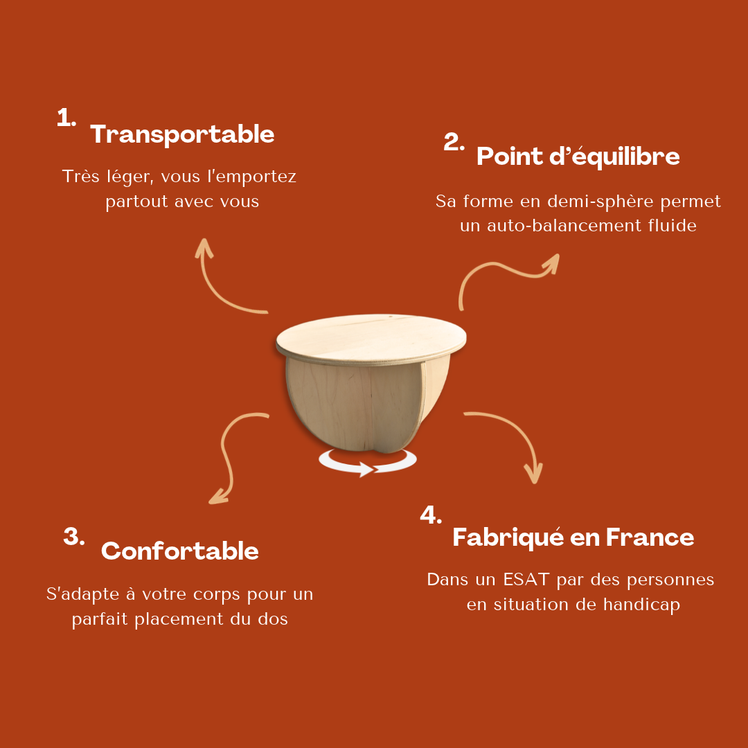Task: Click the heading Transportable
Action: (182, 134)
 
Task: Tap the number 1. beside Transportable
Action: (66, 117)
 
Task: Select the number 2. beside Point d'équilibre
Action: (454, 142)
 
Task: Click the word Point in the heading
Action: (510, 156)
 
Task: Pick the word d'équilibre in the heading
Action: (614, 157)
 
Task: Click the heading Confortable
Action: (180, 551)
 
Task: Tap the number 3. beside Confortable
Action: (74, 537)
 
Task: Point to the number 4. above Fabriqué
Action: (431, 515)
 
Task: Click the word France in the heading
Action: (650, 537)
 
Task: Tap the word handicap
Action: (641, 605)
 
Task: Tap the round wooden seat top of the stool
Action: (371, 338)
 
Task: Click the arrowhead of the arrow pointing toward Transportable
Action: (204, 247)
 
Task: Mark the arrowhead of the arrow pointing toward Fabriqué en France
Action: (534, 474)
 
